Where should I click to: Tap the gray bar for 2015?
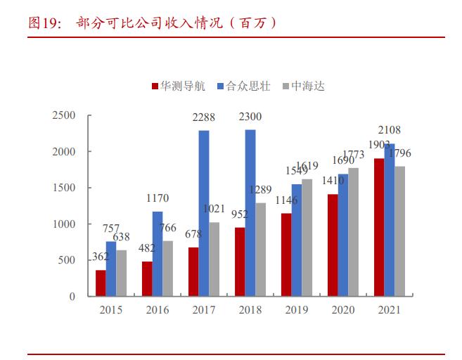(121, 273)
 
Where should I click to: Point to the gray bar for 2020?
(353, 232)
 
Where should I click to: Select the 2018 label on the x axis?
(250, 310)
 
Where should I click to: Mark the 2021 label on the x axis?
(390, 310)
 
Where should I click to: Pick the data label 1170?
(157, 199)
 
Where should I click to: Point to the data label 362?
(101, 257)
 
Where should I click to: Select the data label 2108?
(390, 131)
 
